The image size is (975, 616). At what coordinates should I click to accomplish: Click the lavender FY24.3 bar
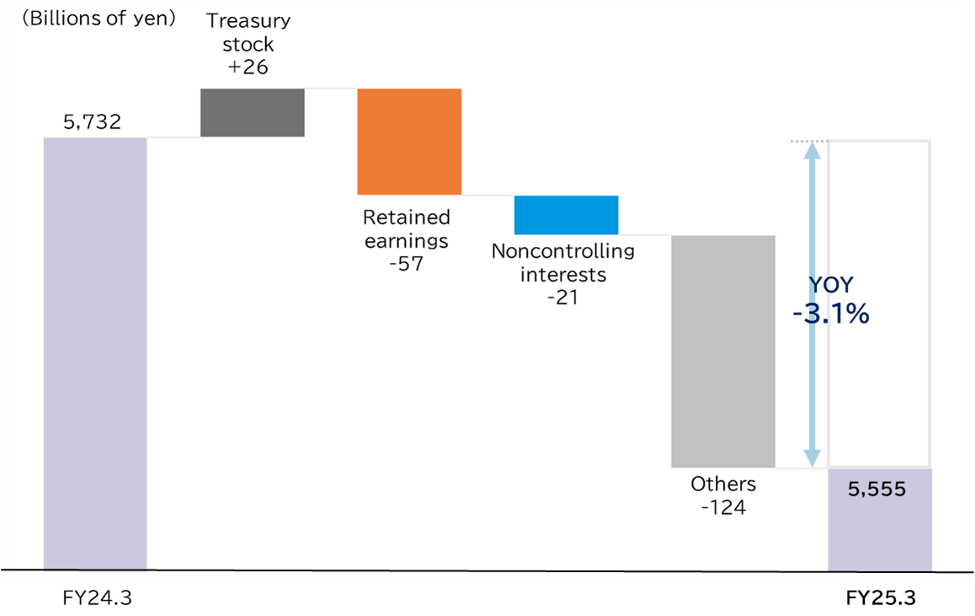(95, 354)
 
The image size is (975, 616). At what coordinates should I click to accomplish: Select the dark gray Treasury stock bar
(253, 112)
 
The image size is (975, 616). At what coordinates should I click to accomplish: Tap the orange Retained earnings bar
(409, 142)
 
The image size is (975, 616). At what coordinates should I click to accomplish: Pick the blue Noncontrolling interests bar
(566, 215)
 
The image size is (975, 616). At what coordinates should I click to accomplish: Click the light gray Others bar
(722, 351)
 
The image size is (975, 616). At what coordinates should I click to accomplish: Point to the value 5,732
(93, 122)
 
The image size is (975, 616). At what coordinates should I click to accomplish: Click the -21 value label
(562, 297)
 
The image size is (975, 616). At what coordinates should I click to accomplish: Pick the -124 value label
(723, 508)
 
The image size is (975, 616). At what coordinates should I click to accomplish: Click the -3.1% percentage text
(830, 314)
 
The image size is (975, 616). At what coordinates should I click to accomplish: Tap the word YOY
(829, 285)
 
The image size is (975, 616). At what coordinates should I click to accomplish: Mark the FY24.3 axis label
(97, 597)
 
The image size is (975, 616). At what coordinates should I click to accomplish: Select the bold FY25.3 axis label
(881, 597)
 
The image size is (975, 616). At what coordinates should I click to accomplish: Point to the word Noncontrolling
(563, 251)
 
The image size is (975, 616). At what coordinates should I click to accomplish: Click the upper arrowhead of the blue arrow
(812, 150)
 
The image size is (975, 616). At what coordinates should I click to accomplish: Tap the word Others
(723, 485)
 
